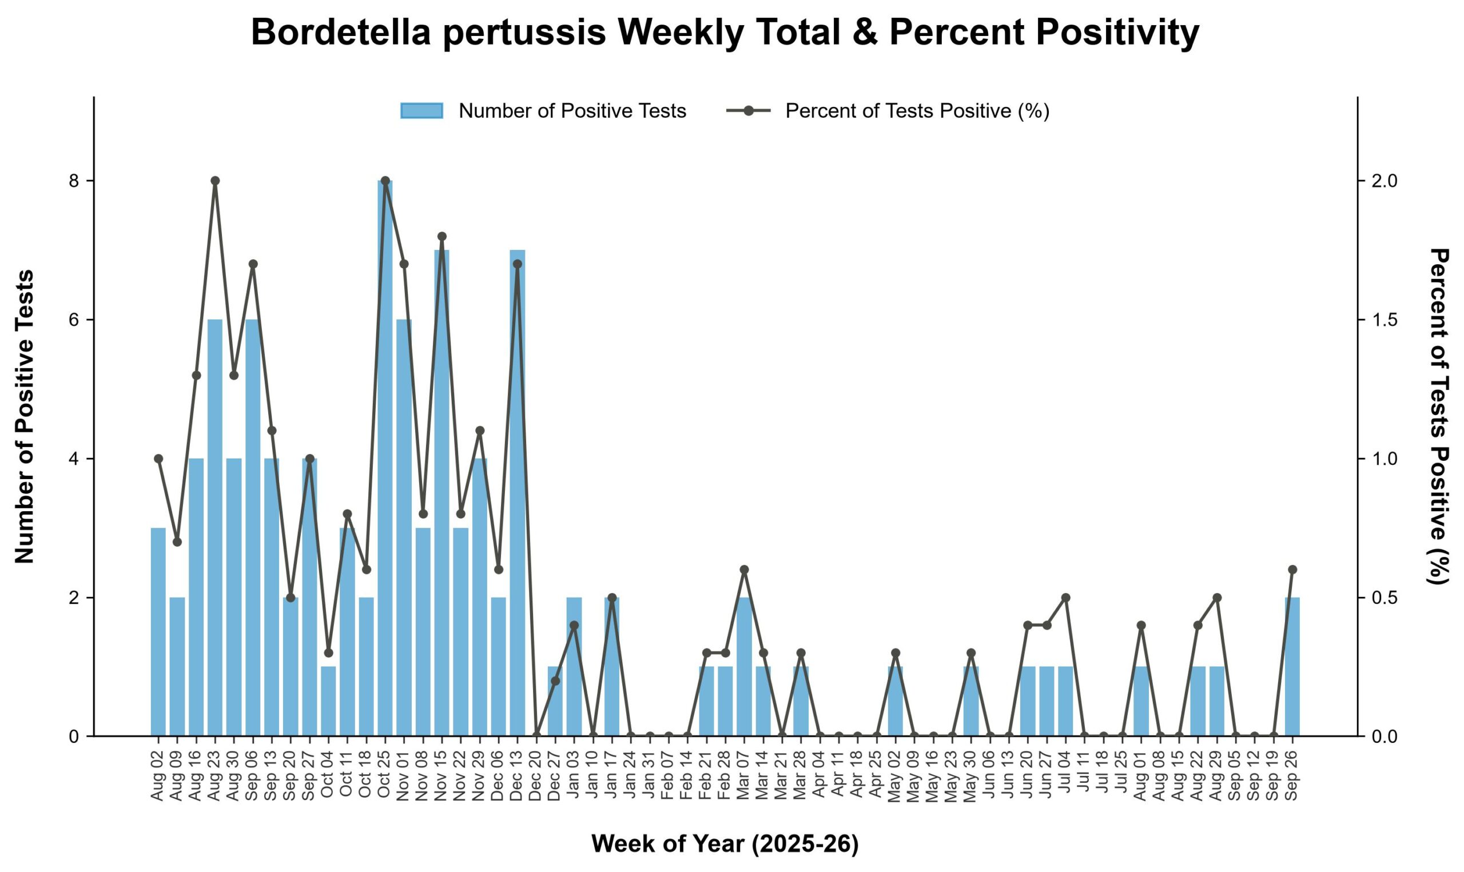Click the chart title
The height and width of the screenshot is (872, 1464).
[x=725, y=33]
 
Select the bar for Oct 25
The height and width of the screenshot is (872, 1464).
[x=385, y=458]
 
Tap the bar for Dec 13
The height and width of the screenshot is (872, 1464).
[x=518, y=492]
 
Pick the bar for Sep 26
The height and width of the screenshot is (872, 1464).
[x=1292, y=666]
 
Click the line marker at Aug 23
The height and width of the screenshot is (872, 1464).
[x=215, y=180]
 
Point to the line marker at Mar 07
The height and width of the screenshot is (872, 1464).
[x=745, y=570]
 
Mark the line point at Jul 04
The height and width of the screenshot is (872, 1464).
[x=1065, y=598]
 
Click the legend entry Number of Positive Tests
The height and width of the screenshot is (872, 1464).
[x=543, y=110]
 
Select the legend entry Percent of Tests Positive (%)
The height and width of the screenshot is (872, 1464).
[x=888, y=110]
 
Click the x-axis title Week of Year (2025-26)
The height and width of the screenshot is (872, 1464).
[x=725, y=844]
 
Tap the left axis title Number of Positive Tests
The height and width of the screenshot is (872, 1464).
[x=25, y=417]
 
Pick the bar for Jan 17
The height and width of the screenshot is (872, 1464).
[x=611, y=666]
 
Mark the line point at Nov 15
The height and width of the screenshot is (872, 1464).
[x=442, y=236]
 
